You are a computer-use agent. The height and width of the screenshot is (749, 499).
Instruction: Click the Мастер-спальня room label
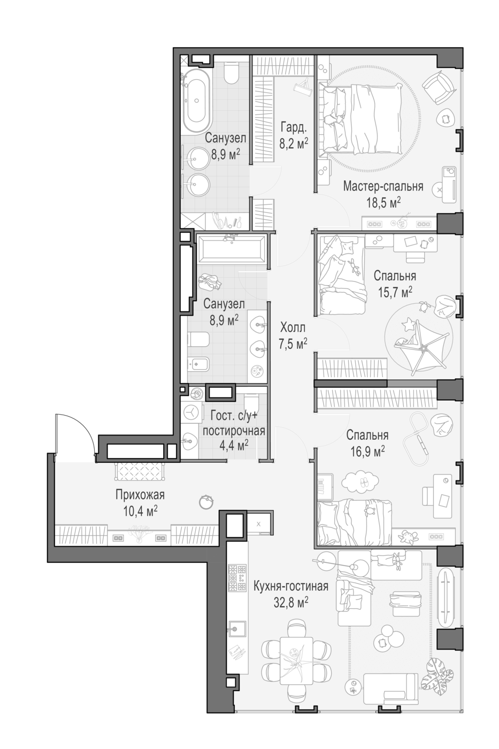[383, 187]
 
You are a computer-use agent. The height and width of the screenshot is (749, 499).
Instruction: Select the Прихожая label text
[140, 495]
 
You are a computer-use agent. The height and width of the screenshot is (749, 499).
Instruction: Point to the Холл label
[293, 327]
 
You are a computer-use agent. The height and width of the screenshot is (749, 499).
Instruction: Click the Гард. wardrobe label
[293, 128]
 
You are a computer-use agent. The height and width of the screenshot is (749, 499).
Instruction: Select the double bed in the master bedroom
[360, 119]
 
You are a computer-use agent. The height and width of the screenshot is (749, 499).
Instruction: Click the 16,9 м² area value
[367, 452]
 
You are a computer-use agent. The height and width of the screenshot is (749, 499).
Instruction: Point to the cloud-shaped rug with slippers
[360, 483]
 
